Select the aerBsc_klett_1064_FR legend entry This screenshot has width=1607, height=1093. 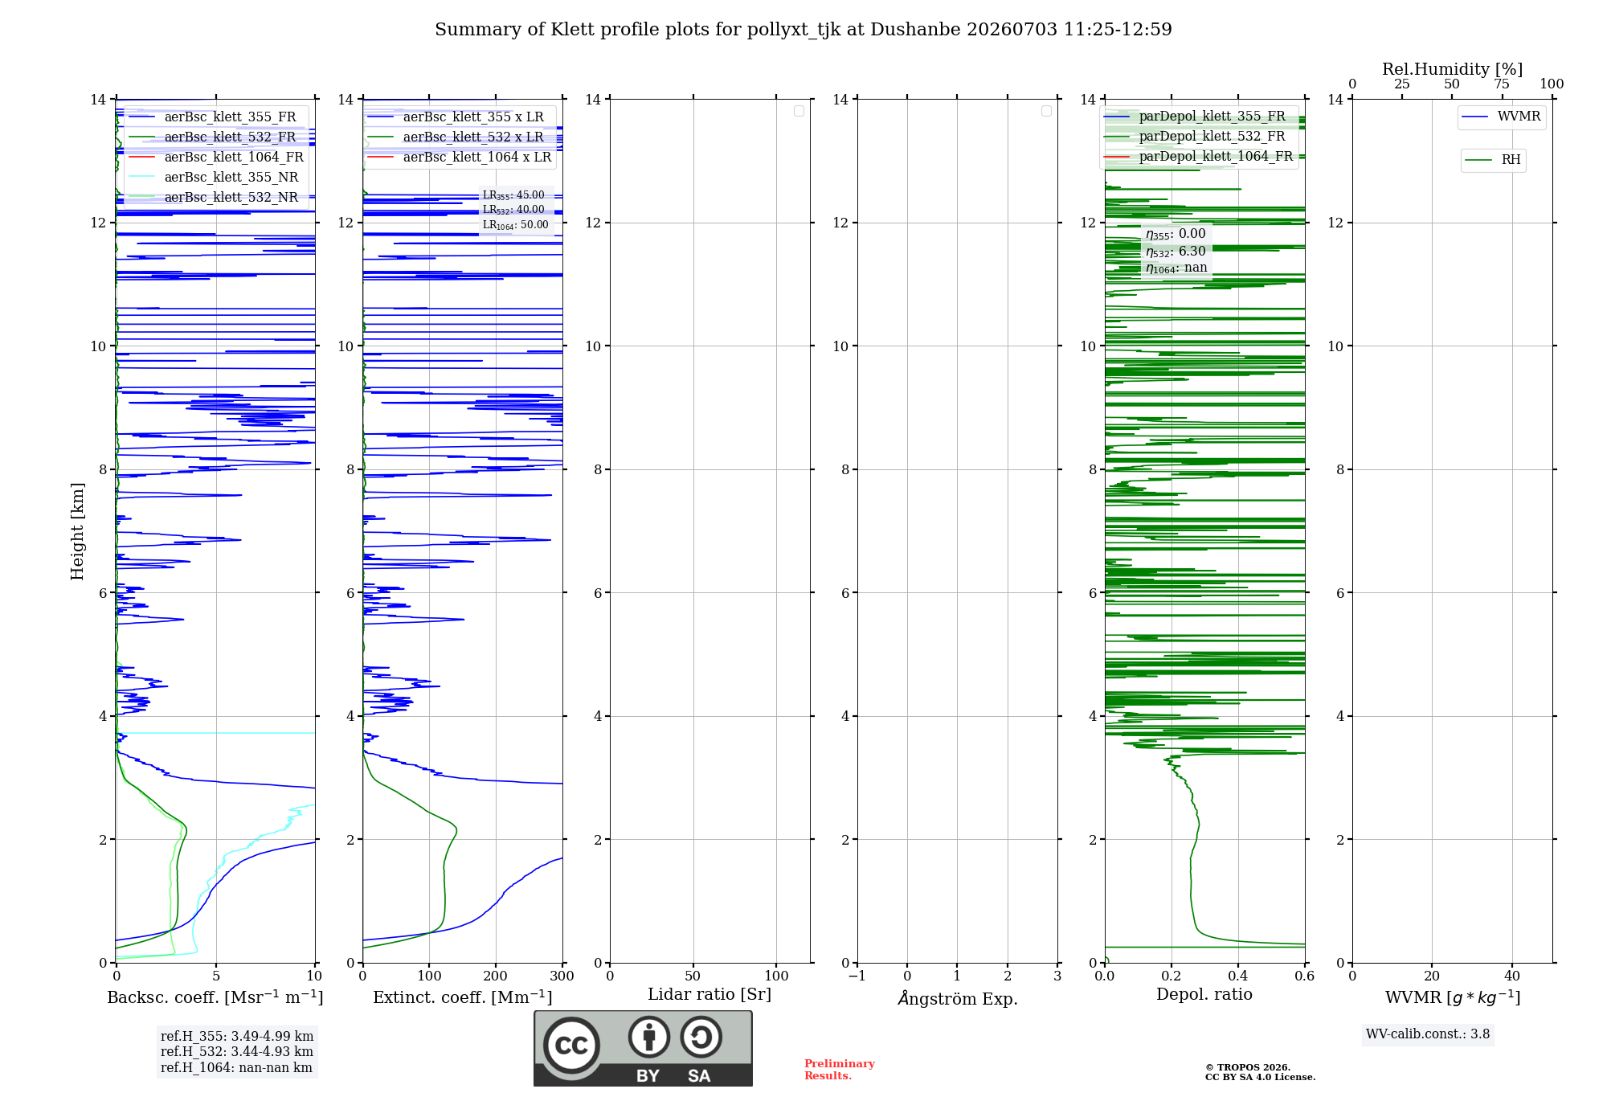coord(216,157)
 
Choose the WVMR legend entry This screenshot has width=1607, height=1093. coord(1501,117)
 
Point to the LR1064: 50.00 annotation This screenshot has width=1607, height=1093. coord(516,225)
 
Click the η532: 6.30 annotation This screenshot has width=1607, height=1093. coord(1176,252)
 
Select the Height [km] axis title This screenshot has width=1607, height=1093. coord(77,531)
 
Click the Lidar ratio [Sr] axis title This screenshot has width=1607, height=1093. coord(709,995)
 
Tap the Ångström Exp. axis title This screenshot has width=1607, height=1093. coord(958,998)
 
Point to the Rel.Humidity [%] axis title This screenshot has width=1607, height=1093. coord(1453,69)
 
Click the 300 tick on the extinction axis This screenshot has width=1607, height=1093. coord(562,976)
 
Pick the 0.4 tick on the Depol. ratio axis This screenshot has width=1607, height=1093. coord(1238,976)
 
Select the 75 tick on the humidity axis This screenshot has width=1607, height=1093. coord(1502,84)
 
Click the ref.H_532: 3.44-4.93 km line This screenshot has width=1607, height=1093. coord(237,1051)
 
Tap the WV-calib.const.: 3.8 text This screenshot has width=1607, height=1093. coord(1428,1034)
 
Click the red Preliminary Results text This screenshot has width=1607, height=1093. coord(840,1070)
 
